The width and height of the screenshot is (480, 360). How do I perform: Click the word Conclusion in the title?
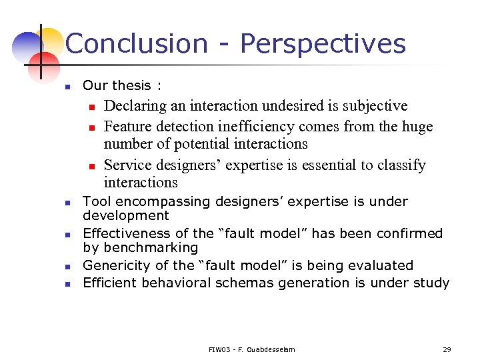click(x=137, y=44)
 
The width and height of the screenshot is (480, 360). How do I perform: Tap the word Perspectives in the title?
click(x=323, y=44)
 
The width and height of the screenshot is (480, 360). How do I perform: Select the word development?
click(x=126, y=215)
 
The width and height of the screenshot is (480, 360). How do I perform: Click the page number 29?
click(x=447, y=349)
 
